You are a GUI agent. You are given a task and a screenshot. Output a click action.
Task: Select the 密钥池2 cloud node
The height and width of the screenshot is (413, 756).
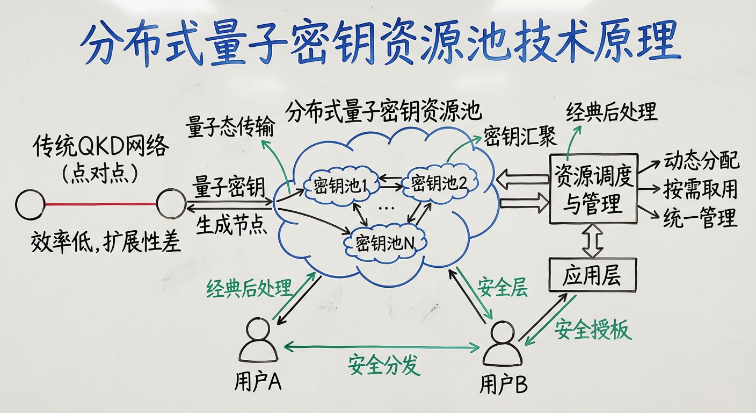point(439,184)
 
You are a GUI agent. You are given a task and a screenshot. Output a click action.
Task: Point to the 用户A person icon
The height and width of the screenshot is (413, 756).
point(258,343)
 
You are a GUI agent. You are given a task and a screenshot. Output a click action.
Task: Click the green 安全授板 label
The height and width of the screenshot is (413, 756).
point(593,329)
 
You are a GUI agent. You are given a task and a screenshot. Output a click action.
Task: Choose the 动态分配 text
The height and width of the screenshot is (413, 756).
point(701,161)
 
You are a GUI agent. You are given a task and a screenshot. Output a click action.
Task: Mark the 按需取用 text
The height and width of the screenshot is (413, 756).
point(700,189)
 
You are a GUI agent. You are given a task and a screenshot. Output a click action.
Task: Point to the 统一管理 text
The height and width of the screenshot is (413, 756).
point(700,218)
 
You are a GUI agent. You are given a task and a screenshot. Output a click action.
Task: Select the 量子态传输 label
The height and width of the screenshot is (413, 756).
point(230,127)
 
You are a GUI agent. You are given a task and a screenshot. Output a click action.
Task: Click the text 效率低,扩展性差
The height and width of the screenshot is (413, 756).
point(106,243)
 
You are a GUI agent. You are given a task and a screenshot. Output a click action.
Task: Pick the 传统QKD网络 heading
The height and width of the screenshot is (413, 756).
point(100,146)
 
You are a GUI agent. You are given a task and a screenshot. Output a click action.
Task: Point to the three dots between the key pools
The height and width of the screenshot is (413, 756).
point(386,209)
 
